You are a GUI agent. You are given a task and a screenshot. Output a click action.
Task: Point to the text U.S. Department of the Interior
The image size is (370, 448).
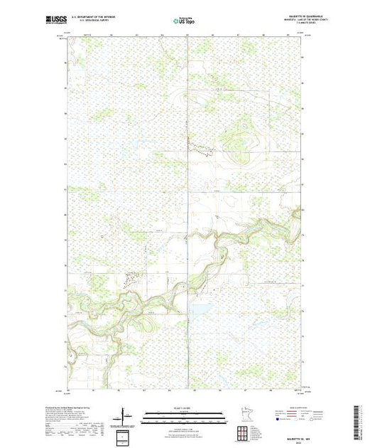(x=107, y=14)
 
